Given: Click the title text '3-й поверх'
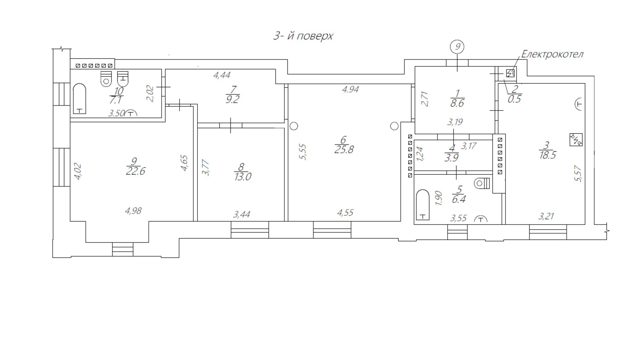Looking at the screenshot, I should click(303, 36).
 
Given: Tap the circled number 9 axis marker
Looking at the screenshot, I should click(457, 47).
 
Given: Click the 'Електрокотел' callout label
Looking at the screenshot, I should click(552, 54).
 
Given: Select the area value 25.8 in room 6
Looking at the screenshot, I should click(344, 150).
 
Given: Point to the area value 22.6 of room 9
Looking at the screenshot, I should click(136, 171).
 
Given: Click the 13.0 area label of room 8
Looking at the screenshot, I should click(243, 177).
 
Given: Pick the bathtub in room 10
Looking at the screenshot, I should click(79, 99).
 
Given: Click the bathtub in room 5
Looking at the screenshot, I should click(422, 205).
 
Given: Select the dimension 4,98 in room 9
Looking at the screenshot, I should click(133, 211).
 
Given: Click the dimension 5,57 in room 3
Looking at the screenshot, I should click(578, 174).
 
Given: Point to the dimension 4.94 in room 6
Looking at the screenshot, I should click(350, 90).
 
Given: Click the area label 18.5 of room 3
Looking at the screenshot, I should click(547, 155).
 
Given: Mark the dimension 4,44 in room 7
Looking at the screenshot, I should click(222, 75).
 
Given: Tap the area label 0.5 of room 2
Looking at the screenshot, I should click(514, 99).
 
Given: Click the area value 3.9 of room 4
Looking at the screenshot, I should click(451, 158).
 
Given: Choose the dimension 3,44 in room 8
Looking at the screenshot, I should click(241, 215).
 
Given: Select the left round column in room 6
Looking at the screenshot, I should click(294, 126).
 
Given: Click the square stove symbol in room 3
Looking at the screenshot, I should click(576, 139).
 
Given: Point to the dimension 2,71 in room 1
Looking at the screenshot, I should click(424, 99).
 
